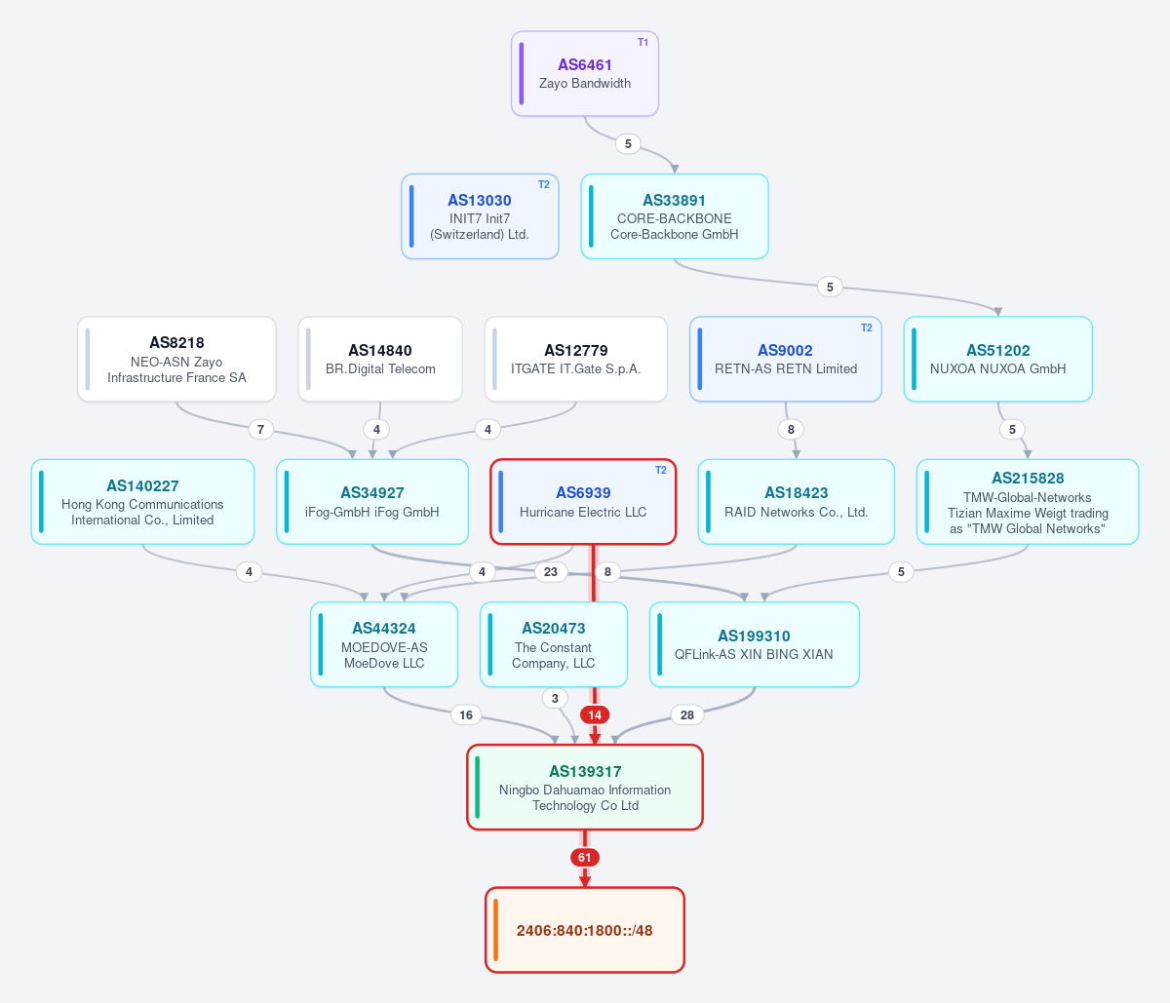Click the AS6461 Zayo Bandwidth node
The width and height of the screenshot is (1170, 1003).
585,73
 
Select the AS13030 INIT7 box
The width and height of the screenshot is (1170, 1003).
480,216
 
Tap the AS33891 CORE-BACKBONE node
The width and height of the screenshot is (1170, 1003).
674,216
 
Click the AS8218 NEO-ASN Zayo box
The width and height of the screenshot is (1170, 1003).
176,359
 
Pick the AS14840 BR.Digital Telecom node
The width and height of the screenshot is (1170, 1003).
380,359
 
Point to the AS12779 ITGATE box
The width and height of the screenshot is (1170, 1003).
575,359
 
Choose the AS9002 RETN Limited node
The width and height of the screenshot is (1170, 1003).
786,359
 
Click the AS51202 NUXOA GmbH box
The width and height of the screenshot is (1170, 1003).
998,359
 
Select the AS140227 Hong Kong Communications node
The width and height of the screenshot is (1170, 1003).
142,501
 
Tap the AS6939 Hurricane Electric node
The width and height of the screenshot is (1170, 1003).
583,501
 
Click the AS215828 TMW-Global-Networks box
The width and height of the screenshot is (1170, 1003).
1028,501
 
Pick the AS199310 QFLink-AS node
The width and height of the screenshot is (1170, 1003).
754,644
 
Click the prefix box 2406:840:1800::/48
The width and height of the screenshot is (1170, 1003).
585,930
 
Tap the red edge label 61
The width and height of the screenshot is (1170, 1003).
585,858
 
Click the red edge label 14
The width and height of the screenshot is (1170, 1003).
595,714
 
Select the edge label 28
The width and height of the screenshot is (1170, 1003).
687,714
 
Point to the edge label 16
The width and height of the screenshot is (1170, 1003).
466,714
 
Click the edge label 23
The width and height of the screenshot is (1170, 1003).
551,572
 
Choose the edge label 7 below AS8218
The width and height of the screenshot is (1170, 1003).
260,429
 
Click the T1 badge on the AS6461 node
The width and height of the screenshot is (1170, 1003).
643,43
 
